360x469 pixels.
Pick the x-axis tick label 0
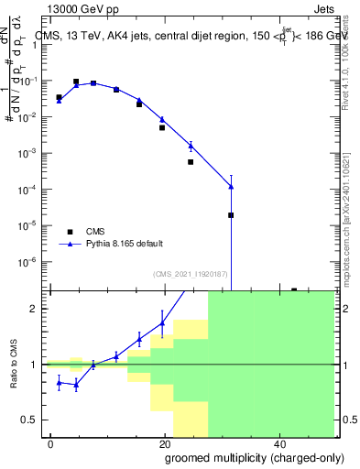(x=50, y=443)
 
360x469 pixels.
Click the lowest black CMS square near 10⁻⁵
(x=231, y=215)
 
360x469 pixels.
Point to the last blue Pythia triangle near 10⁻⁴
(x=231, y=187)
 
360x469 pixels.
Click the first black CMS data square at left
(x=59, y=97)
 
